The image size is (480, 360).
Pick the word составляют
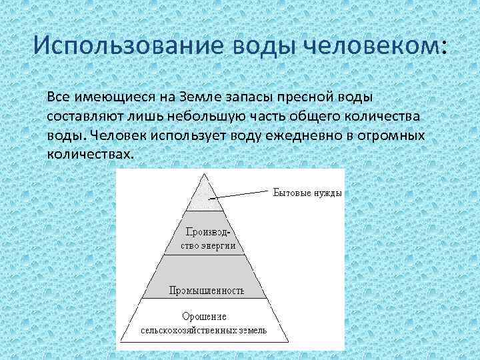click(x=83, y=116)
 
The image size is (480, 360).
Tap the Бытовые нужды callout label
click(x=307, y=193)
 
